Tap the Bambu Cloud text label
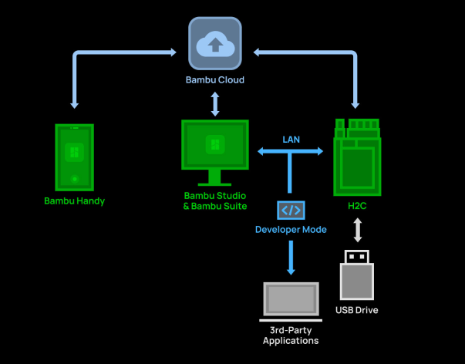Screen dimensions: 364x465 coord(215,80)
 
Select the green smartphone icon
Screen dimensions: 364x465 coord(75,157)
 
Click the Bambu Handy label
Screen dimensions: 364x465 coord(75,201)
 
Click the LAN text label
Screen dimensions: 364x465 coord(291,140)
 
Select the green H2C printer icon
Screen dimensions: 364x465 coord(358,157)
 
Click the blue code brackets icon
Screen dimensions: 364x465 coord(291,210)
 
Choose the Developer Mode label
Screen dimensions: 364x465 coord(291,230)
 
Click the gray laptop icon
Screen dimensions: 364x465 coord(291,301)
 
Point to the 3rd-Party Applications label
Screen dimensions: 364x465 coord(291,335)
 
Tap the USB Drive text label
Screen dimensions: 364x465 coord(357,311)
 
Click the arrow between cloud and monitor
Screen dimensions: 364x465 coord(215,103)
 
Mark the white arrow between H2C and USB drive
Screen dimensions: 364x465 coord(357,231)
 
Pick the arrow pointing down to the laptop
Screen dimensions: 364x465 coord(291,258)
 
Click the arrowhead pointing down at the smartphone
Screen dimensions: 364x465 coord(75,103)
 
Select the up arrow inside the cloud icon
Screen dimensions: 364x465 coord(215,44)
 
